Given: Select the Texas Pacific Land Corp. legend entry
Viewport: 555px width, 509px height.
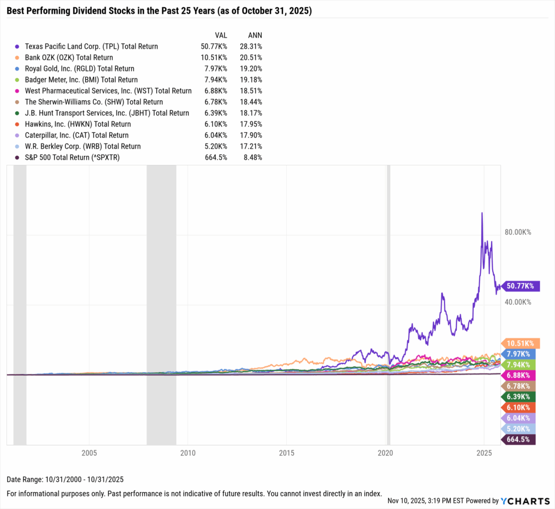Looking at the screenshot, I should pyautogui.click(x=86, y=47).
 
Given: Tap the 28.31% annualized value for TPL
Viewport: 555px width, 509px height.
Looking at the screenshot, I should pyautogui.click(x=251, y=47).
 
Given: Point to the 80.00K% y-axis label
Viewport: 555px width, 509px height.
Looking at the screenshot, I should pyautogui.click(x=518, y=232).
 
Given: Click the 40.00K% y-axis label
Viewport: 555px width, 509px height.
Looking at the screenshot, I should pyautogui.click(x=518, y=302).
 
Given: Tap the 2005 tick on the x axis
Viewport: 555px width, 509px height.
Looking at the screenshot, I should pyautogui.click(x=89, y=453).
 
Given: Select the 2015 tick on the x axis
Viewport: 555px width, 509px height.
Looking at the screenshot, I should pyautogui.click(x=287, y=453).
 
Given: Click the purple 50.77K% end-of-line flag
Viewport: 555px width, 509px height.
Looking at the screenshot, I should pyautogui.click(x=520, y=286).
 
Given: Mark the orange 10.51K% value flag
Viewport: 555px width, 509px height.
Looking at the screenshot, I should pyautogui.click(x=520, y=343).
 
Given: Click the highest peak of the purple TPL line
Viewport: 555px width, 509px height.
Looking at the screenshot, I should pyautogui.click(x=482, y=213).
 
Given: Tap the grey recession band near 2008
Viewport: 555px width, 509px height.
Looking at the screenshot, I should pyautogui.click(x=161, y=304).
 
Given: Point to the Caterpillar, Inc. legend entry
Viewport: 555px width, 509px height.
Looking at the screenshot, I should pyautogui.click(x=70, y=136).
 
